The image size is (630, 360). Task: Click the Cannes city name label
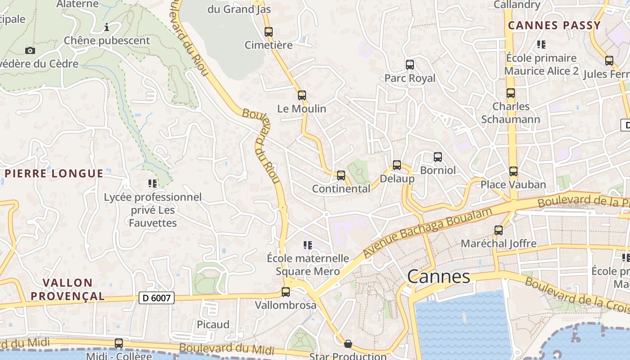[x=438, y=276]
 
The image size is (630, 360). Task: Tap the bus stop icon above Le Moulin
[x=302, y=95]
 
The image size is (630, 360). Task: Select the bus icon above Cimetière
[x=269, y=32]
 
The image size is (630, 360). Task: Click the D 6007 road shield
[x=156, y=298]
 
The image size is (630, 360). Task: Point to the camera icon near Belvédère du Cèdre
[x=30, y=50]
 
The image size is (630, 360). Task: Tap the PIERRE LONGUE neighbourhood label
[x=54, y=174]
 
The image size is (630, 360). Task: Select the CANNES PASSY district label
[x=554, y=25]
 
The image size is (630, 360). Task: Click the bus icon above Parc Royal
[x=410, y=65]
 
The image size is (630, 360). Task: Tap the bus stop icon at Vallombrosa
[x=286, y=292]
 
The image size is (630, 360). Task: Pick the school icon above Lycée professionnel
[x=153, y=184]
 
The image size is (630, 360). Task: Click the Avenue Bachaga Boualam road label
[x=425, y=234]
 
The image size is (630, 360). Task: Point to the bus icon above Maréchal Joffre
[x=499, y=230]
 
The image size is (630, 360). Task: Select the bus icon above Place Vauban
[x=513, y=171]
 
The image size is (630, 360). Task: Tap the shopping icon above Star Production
[x=348, y=344]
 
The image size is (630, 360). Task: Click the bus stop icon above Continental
[x=341, y=175]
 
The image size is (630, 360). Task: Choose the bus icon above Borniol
[x=438, y=157]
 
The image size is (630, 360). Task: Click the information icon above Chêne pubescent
[x=107, y=27]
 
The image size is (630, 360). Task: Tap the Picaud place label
[x=213, y=324]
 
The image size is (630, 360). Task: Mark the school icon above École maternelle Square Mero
[x=308, y=245]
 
